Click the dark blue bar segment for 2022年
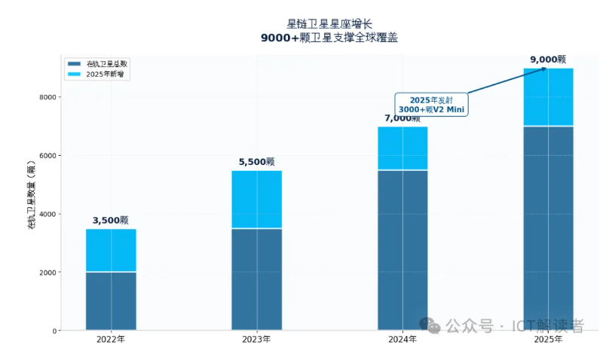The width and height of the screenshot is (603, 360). [x=111, y=301]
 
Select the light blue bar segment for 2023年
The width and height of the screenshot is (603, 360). [x=256, y=199]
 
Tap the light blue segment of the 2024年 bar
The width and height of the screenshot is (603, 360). [x=403, y=148]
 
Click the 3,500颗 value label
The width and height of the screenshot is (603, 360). [x=111, y=221]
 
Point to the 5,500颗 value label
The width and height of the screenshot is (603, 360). [x=256, y=162]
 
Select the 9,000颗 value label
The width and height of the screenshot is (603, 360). [x=548, y=59]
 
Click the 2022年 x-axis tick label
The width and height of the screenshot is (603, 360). [x=111, y=340]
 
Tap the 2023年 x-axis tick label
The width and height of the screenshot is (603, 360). [x=256, y=340]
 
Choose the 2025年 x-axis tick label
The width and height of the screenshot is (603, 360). [x=548, y=340]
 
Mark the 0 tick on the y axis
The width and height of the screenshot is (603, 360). [x=55, y=331]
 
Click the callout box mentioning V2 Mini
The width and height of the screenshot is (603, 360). [x=431, y=105]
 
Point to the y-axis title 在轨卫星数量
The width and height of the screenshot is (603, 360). [x=31, y=195]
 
